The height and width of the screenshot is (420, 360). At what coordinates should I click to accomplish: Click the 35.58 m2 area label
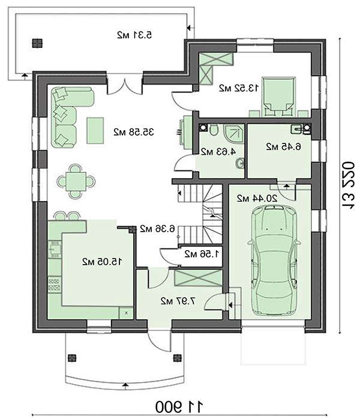134,132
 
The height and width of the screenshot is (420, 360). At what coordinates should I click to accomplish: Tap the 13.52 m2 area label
239,88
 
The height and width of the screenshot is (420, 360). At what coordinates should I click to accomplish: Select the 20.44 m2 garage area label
257,199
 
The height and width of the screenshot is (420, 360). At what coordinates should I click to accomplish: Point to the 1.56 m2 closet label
202,254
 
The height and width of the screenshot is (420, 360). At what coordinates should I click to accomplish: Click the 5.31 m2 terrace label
134,35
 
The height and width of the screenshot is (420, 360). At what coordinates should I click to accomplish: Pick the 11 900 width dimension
179,407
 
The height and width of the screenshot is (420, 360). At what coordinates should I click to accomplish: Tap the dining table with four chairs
76,182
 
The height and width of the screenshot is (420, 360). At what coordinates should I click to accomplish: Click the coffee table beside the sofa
95,131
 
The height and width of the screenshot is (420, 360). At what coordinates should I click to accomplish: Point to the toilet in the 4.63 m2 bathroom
214,130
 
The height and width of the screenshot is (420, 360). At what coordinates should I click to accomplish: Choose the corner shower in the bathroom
234,134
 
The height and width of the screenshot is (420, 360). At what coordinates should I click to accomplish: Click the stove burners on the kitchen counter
55,285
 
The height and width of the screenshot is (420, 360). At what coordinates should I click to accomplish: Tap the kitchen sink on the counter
55,249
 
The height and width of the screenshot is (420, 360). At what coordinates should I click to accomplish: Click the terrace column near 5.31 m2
37,43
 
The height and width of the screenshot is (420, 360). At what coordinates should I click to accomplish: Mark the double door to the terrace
125,86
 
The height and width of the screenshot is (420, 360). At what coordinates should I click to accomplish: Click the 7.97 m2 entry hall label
178,301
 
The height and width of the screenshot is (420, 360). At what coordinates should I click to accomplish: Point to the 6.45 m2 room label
283,146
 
